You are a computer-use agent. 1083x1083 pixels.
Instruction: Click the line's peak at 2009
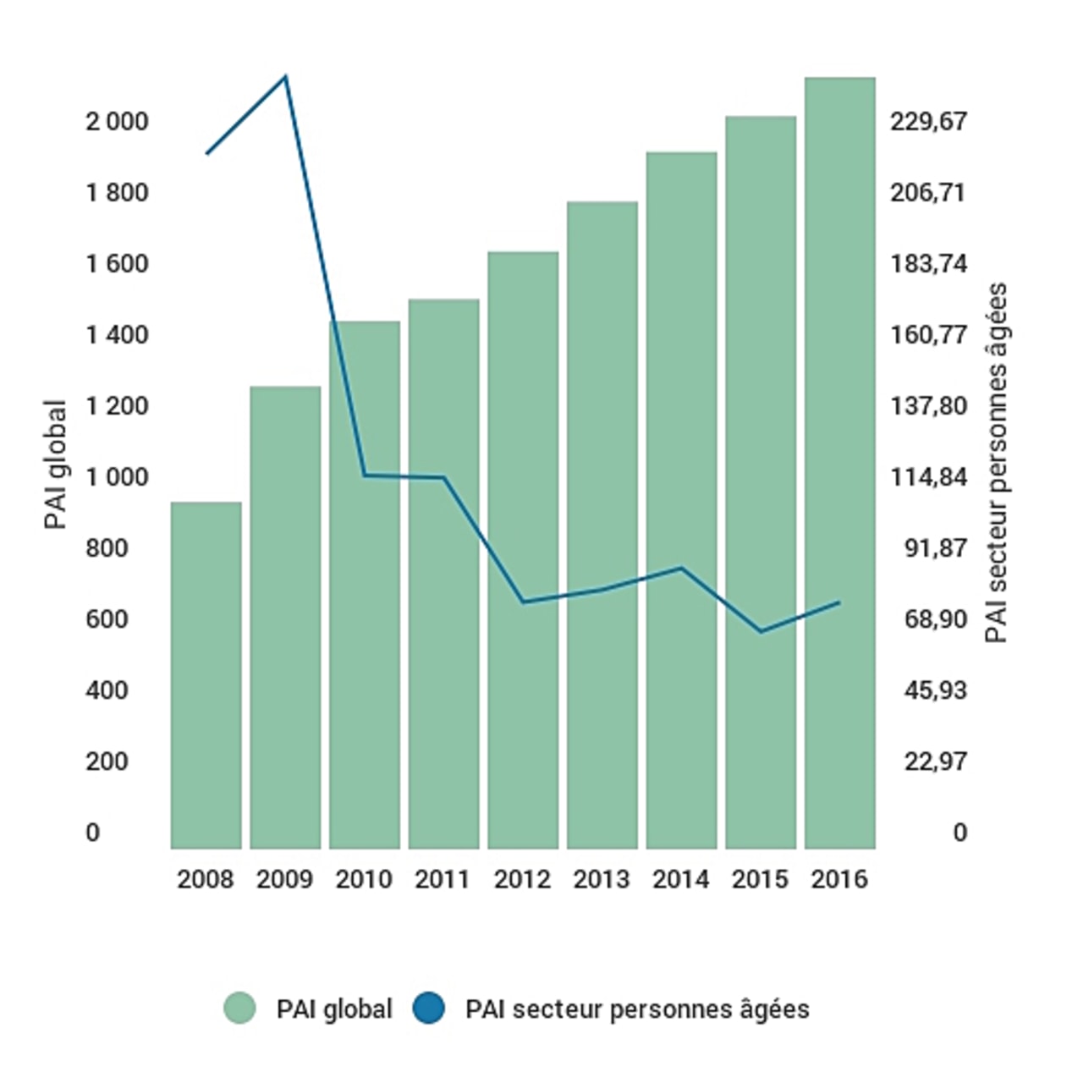tap(286, 77)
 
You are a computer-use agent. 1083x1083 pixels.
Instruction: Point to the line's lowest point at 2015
tap(761, 631)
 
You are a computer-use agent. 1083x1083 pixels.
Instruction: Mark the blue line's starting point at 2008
tap(206, 154)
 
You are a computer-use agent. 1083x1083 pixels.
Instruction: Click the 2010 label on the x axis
tap(364, 879)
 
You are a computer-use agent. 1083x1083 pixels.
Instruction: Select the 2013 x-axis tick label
tap(602, 879)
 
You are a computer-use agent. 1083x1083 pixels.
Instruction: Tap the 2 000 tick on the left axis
tap(117, 122)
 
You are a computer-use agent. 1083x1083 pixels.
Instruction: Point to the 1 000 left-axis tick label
tap(117, 477)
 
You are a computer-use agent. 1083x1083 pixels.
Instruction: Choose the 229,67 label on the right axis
tap(928, 122)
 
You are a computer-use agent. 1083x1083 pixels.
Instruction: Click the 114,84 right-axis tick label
tap(928, 477)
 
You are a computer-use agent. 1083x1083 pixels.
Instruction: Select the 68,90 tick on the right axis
tap(935, 619)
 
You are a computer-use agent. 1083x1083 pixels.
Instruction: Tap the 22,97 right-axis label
tap(935, 761)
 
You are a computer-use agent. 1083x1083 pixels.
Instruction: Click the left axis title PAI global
tap(55, 465)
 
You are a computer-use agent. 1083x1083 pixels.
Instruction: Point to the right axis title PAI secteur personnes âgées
tap(997, 463)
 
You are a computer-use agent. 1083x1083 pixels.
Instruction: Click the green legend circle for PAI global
tap(240, 1009)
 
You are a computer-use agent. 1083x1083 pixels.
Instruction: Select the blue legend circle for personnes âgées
tap(429, 1009)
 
